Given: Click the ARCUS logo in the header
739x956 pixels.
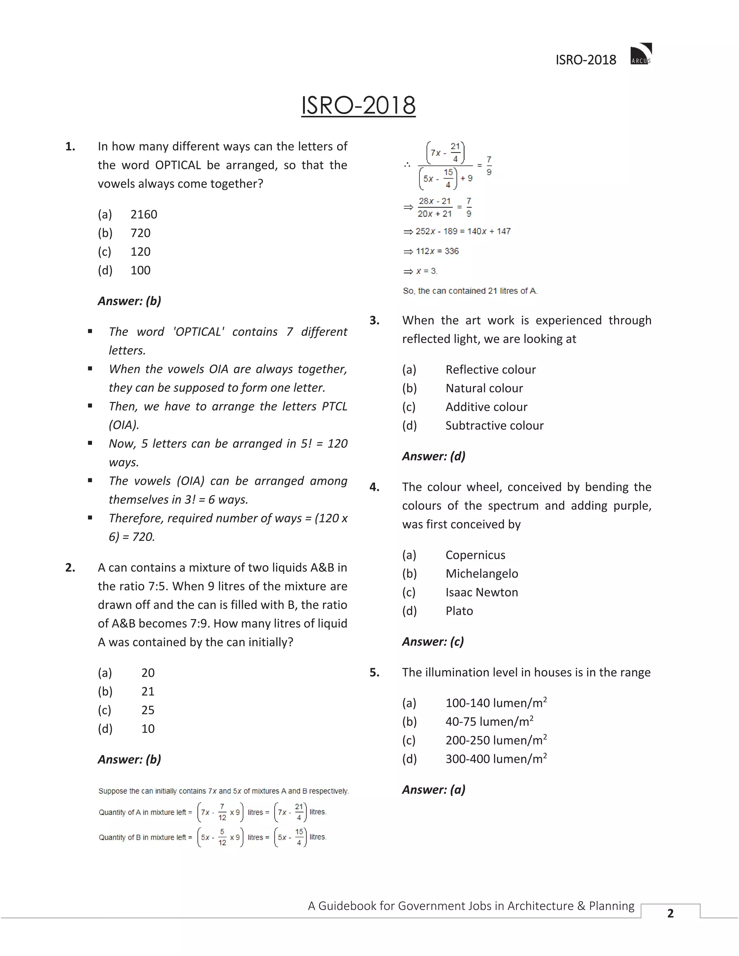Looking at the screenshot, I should [x=641, y=54].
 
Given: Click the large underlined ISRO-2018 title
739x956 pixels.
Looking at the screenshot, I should [x=358, y=105].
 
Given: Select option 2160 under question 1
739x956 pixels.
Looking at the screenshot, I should [x=144, y=215].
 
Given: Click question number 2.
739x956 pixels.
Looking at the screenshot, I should [x=70, y=568].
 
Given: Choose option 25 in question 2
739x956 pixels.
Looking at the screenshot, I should [x=148, y=710].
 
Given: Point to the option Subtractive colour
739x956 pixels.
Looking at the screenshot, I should [x=494, y=425].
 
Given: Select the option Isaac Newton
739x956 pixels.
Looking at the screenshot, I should [x=482, y=592].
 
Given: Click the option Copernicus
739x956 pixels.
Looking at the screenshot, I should [x=475, y=555].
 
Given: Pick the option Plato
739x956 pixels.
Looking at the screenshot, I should [x=459, y=611].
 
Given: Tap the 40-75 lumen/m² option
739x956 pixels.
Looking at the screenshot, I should [x=489, y=722].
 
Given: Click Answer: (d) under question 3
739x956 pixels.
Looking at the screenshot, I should [x=433, y=456].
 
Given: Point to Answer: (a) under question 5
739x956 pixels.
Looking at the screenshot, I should [x=433, y=790].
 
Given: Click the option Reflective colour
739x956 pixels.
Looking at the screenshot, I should [x=490, y=370].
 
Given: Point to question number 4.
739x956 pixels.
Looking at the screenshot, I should [x=374, y=487].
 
